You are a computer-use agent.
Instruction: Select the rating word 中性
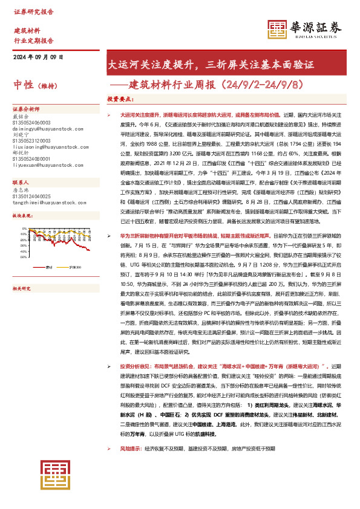coord(24,85)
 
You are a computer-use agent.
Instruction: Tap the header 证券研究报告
coord(33,11)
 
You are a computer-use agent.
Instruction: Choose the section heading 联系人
coord(21,165)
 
